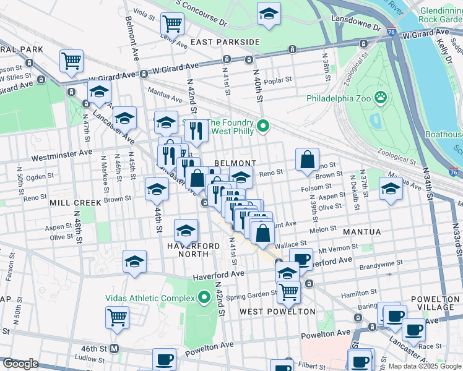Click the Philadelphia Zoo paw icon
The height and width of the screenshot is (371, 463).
[380, 98]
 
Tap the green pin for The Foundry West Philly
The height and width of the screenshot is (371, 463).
[263, 127]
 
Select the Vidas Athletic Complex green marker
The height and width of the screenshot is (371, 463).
[204, 297]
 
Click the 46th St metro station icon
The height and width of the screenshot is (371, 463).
[114, 348]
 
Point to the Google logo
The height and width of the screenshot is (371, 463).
[20, 364]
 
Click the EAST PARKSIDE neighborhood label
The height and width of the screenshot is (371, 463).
[225, 41]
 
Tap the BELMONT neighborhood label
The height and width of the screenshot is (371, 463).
[235, 163]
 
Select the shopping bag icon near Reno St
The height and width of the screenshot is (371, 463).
[307, 160]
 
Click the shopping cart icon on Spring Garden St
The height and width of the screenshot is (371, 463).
[288, 291]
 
